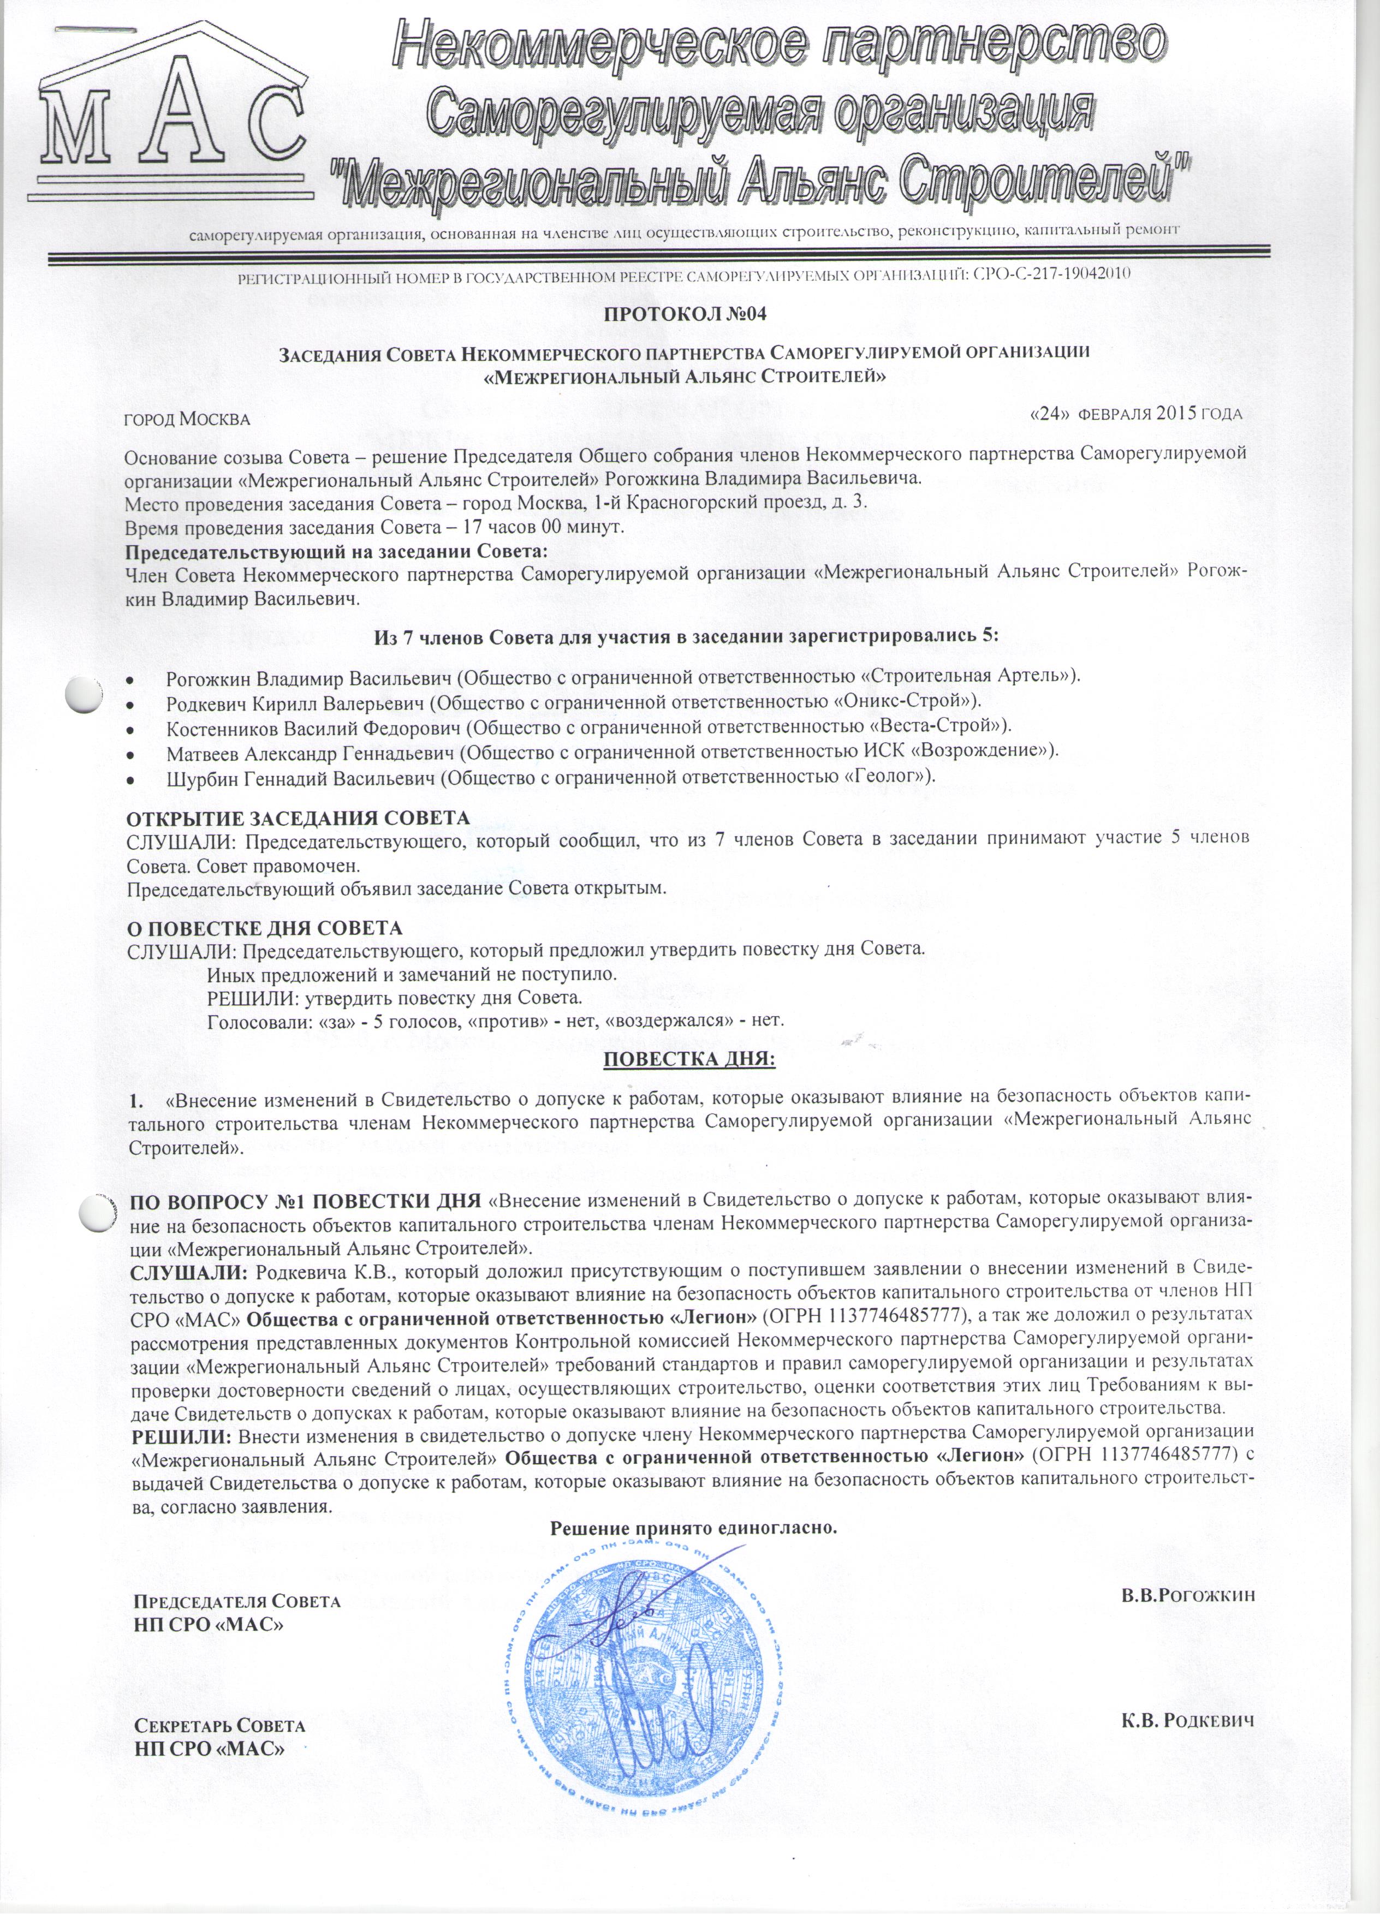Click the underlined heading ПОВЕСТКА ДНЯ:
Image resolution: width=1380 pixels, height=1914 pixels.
click(x=689, y=1058)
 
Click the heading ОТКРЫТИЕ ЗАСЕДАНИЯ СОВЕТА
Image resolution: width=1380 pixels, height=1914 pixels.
click(x=297, y=819)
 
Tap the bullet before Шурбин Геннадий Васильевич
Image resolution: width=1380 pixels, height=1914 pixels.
click(x=129, y=776)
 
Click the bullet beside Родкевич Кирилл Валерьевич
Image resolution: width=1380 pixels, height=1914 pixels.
click(x=129, y=703)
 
